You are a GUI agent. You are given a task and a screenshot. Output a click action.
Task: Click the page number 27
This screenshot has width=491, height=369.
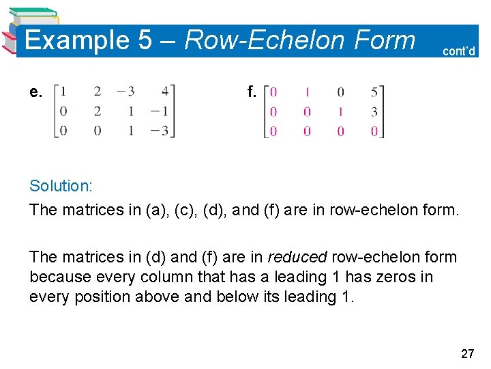pos(467,353)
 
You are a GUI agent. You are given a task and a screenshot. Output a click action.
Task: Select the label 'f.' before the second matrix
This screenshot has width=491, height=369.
pos(252,92)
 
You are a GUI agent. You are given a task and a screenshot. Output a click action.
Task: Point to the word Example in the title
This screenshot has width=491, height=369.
pos(77,40)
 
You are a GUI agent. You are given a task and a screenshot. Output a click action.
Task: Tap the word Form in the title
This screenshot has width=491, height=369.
pos(384,40)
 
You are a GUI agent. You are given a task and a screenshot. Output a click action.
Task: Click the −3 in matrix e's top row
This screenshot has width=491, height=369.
pos(128,91)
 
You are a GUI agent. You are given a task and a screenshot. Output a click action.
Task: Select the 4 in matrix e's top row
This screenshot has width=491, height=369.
pos(166,91)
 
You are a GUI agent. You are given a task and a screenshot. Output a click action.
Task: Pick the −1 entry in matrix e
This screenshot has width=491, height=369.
pos(161,111)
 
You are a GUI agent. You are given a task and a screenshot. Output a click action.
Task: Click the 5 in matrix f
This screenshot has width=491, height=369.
pos(374,92)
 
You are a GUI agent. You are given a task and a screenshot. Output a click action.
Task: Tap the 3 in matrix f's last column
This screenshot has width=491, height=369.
pos(374,111)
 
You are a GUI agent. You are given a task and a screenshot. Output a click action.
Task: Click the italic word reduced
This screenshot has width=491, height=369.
pos(297,257)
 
